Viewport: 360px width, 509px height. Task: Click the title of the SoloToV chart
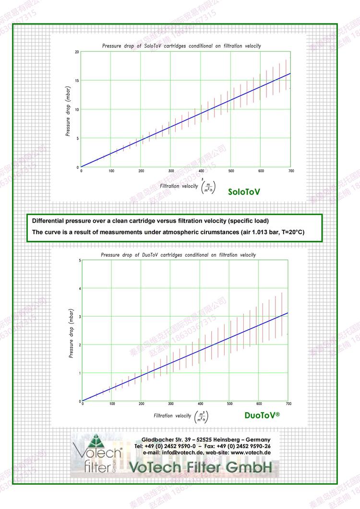(x=181, y=46)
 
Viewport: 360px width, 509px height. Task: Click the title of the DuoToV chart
(x=178, y=255)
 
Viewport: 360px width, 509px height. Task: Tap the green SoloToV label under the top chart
(x=244, y=192)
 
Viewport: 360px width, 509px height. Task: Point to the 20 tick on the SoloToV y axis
(x=77, y=52)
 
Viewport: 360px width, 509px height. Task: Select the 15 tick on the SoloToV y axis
(x=77, y=81)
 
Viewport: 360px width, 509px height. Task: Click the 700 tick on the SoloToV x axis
(x=290, y=171)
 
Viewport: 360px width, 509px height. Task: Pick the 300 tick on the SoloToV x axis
(x=171, y=171)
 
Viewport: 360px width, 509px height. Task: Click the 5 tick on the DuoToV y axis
(x=80, y=260)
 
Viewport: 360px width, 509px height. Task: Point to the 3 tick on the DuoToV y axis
(x=80, y=317)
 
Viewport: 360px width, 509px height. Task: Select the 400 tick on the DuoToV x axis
(x=200, y=404)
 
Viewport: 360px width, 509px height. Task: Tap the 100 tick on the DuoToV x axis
(x=112, y=404)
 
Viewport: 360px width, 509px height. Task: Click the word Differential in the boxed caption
(x=49, y=221)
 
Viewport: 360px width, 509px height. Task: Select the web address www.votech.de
(x=251, y=452)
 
